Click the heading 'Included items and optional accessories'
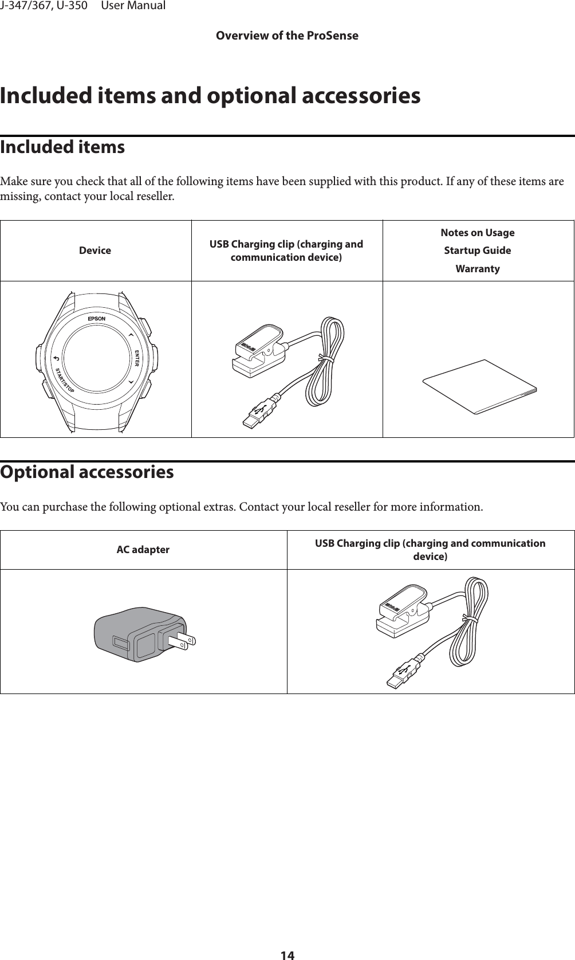click(210, 96)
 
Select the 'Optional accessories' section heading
click(87, 472)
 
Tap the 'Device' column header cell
click(95, 250)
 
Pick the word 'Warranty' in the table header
click(478, 269)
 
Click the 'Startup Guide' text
click(478, 250)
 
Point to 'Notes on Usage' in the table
click(478, 233)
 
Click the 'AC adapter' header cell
click(143, 550)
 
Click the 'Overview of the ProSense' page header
click(287, 36)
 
